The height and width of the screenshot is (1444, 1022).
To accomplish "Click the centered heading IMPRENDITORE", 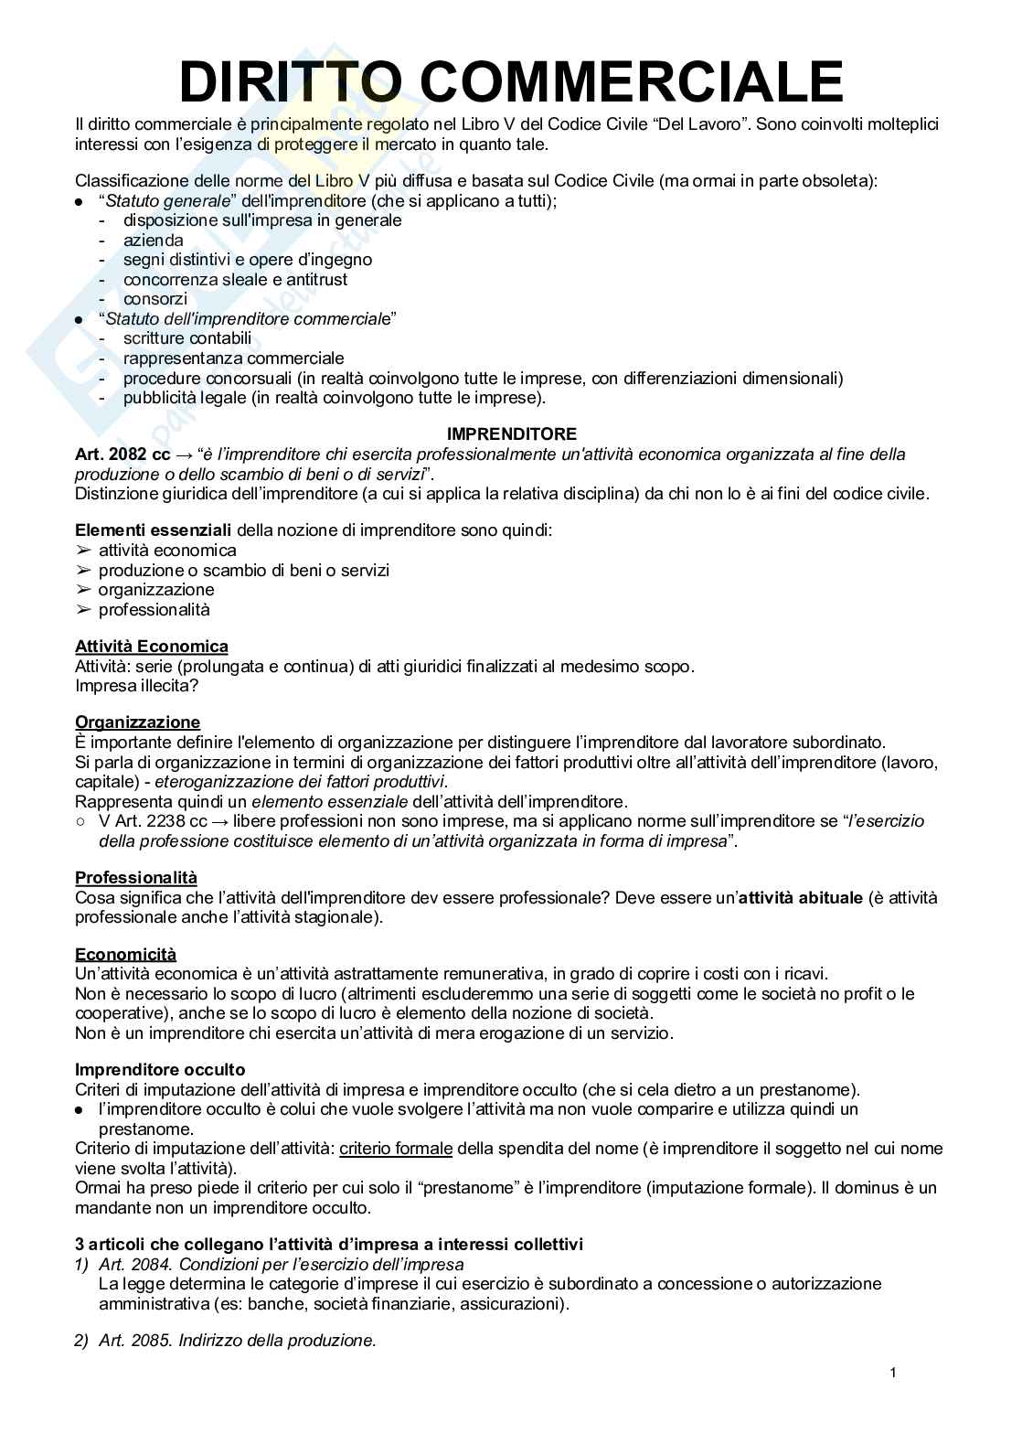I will click(511, 434).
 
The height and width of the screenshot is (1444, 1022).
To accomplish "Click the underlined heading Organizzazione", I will click(137, 722).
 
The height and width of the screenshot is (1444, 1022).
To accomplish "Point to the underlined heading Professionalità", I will click(136, 878).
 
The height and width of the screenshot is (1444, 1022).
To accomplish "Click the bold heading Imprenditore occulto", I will click(160, 1070).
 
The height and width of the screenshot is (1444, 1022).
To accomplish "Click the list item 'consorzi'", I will click(155, 299).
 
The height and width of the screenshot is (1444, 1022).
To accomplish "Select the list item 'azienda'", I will click(154, 241).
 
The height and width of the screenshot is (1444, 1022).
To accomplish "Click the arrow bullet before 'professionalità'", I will click(84, 610).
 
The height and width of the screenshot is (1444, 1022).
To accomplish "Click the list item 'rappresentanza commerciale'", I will click(234, 358).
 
